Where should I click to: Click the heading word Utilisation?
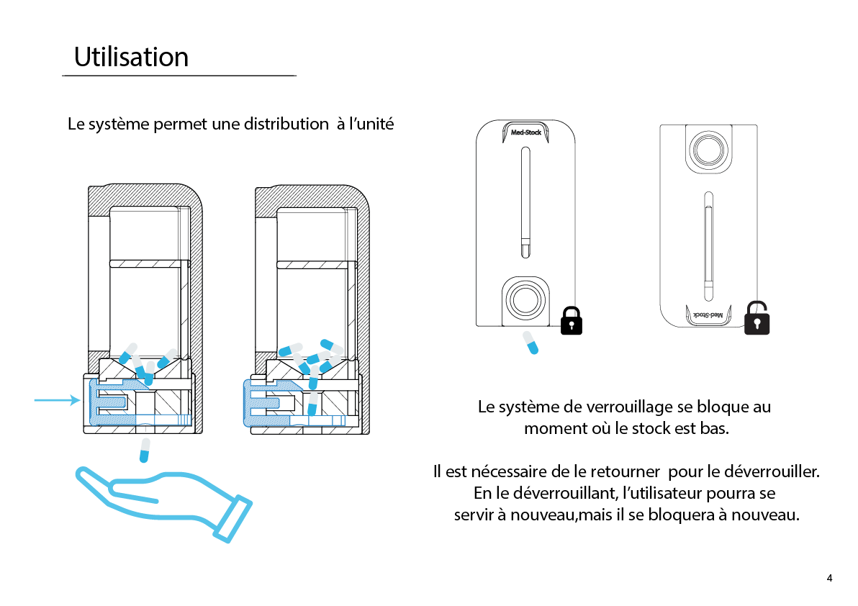coord(131,57)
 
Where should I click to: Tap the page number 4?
coord(830,578)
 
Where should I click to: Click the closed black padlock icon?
coord(571,320)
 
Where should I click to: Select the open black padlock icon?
coord(757,318)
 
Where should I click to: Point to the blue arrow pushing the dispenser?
coord(57,400)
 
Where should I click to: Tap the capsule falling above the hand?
coord(145,450)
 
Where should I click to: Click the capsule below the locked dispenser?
coord(530,343)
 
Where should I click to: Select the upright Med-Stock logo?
coord(525,132)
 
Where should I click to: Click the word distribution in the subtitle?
coord(285,124)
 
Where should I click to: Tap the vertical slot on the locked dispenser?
coord(525,202)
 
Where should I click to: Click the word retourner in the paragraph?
coord(625,472)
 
